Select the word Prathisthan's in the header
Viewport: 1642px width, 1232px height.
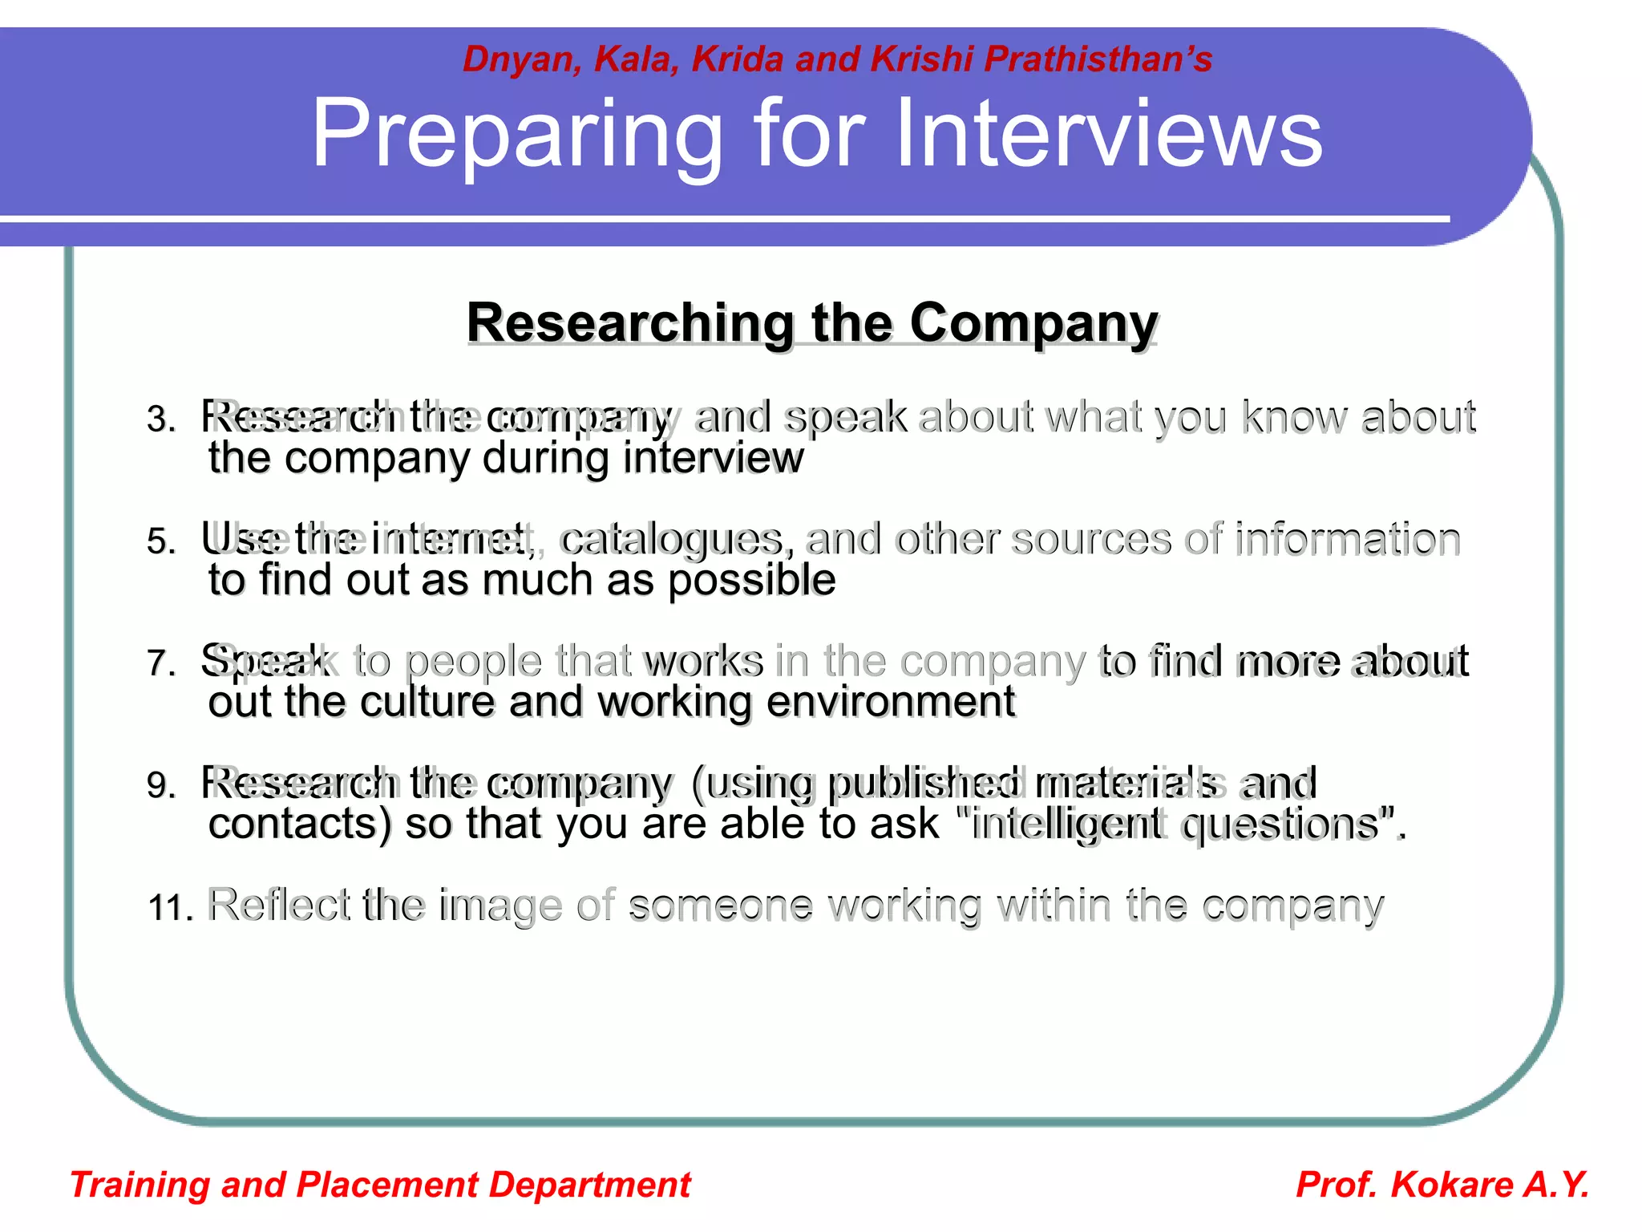[x=1098, y=59]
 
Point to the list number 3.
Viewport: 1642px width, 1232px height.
[x=160, y=419]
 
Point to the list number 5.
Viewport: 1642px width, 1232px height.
[x=160, y=541]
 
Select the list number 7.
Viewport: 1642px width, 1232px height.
[x=160, y=663]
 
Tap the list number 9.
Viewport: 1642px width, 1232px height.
[x=160, y=785]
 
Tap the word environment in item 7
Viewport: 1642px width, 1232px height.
[x=891, y=702]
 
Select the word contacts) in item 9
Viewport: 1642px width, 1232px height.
[x=300, y=825]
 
